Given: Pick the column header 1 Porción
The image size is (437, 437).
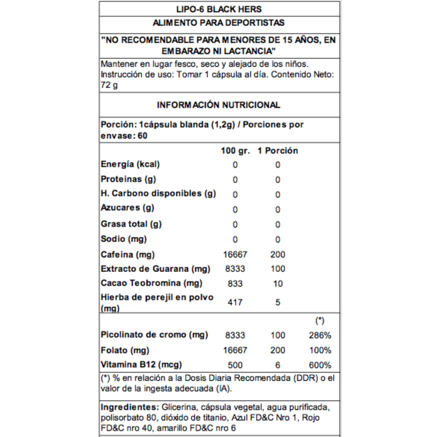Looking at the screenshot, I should [278, 151].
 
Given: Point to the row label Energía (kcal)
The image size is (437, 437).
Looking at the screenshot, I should [131, 164].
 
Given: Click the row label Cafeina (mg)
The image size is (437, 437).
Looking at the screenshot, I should [128, 254].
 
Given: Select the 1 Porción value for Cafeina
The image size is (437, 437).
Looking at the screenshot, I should [278, 255].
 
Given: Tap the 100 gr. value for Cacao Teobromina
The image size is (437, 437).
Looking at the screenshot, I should [235, 284].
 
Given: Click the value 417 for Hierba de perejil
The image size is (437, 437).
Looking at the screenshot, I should [235, 302].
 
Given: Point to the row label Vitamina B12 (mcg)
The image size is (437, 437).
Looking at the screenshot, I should [141, 365].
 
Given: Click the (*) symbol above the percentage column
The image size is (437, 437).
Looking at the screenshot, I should [320, 321].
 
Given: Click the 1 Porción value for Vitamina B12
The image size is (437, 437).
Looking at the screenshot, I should [278, 365].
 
